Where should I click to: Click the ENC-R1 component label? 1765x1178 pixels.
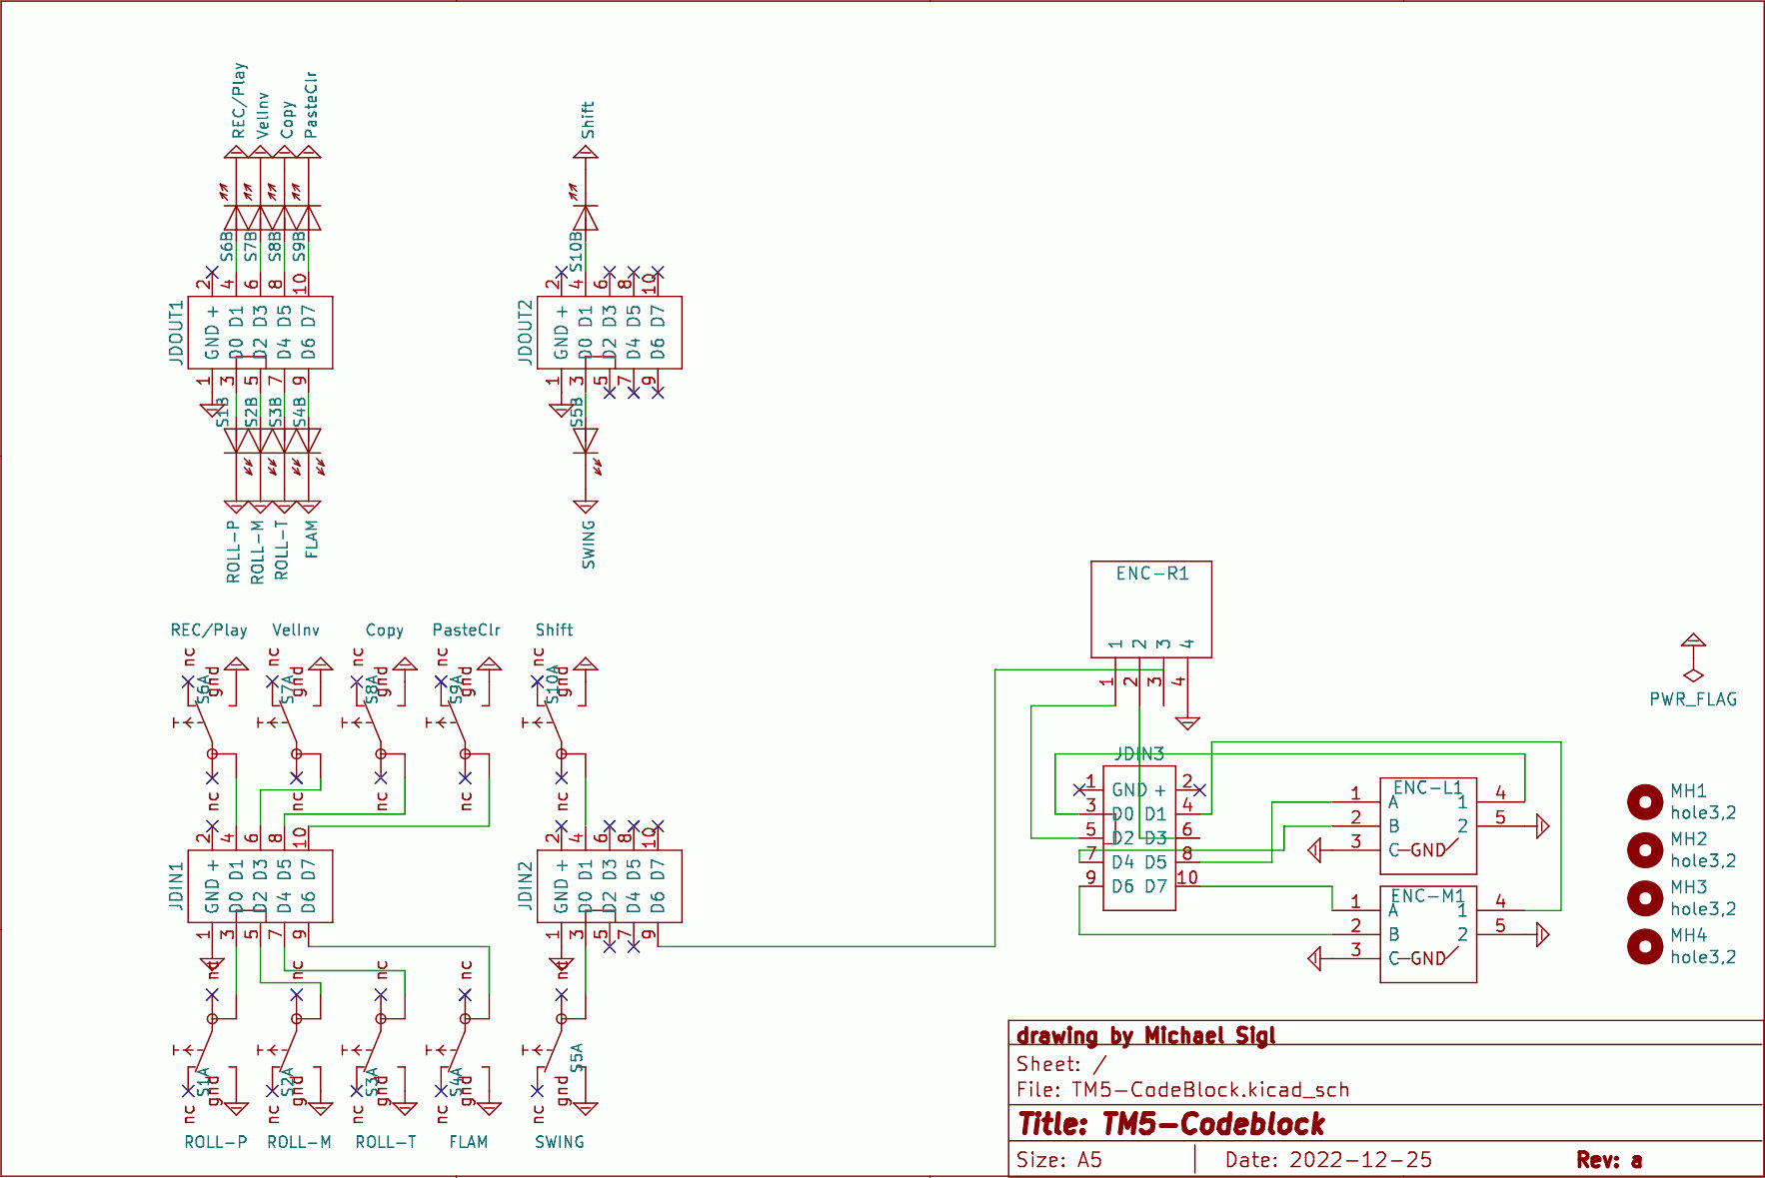pos(1151,574)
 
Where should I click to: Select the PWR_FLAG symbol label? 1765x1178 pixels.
pos(1692,699)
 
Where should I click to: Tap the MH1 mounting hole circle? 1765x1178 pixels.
pos(1644,801)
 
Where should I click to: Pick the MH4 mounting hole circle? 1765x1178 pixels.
pos(1644,945)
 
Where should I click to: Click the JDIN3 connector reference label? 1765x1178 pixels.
pos(1139,753)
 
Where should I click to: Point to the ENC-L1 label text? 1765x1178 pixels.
pos(1427,787)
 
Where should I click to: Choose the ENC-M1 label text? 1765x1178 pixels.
pos(1427,895)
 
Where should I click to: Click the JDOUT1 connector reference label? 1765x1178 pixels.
pos(177,333)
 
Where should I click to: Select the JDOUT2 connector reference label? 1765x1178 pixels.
pos(526,333)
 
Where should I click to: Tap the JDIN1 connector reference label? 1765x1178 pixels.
pos(177,886)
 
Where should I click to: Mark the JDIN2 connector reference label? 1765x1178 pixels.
pos(526,886)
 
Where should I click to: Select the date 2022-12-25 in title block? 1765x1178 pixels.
pos(1359,1160)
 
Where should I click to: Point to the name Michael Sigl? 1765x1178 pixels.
pos(1209,1035)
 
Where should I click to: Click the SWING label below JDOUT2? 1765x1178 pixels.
pos(588,544)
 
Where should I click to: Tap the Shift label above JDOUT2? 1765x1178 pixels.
pos(588,120)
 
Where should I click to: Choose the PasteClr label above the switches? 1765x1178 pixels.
pos(466,630)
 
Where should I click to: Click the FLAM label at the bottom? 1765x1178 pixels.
pos(468,1142)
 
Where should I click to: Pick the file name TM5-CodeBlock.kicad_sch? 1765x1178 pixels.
pos(1209,1090)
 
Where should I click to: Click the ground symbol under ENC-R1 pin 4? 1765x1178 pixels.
pos(1187,722)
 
